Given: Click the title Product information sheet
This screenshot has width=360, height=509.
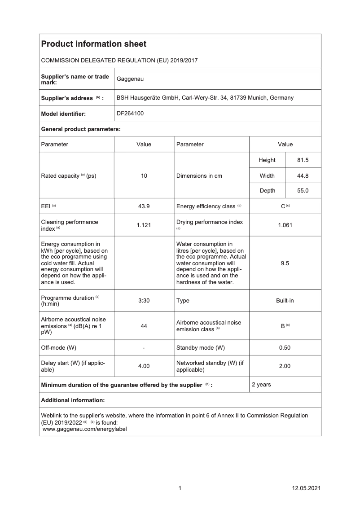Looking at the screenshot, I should point(93,44).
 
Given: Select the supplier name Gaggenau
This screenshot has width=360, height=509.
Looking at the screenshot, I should point(130,79).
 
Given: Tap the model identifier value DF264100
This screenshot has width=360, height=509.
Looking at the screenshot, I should point(130,114).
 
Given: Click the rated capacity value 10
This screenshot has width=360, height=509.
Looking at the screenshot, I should point(144,176).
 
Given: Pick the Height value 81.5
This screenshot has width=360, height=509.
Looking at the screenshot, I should point(303,160).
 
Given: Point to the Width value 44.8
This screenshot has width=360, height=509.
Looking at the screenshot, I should point(303,176).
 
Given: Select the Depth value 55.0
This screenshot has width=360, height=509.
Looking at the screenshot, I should point(303,191).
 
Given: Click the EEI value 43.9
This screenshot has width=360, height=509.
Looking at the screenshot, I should point(144,206).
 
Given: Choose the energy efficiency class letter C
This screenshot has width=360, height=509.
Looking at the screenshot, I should point(283,206).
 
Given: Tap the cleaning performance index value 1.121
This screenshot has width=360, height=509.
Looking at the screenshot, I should point(144,225).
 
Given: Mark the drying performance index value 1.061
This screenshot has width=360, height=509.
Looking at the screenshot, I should point(285,225).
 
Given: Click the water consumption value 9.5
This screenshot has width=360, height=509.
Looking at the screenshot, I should point(285,263).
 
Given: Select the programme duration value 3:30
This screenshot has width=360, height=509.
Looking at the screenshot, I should point(144,301).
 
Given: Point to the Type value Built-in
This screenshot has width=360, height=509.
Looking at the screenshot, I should point(285,301).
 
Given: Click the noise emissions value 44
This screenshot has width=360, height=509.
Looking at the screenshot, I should point(144,326).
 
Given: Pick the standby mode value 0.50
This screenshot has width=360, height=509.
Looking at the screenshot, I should point(285,348).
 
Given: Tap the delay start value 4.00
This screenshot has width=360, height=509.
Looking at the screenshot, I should point(144,366).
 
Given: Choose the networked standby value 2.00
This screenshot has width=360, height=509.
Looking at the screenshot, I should point(285,366).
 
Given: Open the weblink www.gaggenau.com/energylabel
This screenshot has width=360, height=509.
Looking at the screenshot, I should point(84,429).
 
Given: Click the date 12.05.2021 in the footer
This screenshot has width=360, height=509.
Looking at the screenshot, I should point(306,488).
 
